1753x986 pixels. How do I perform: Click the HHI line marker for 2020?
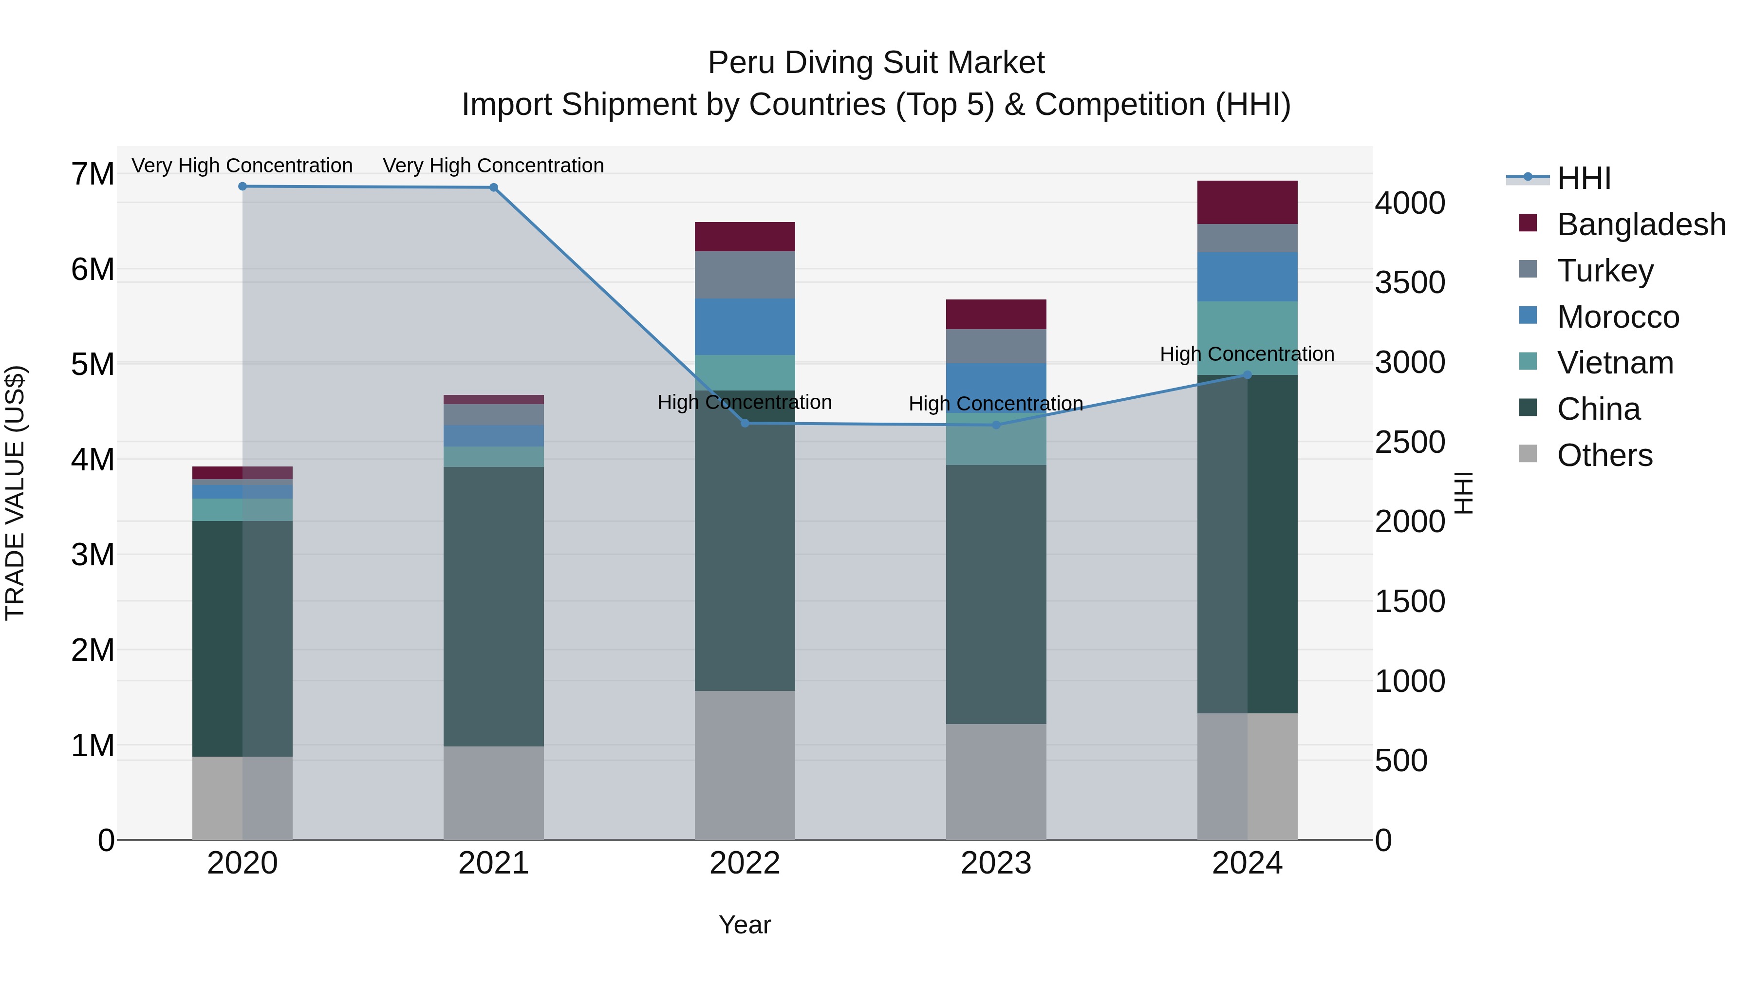[x=242, y=186]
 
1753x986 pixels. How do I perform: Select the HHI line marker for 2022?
[x=745, y=423]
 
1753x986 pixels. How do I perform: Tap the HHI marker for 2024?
[x=1248, y=375]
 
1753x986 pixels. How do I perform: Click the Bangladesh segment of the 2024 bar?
[x=1248, y=202]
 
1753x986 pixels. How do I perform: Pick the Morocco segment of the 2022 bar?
[x=745, y=327]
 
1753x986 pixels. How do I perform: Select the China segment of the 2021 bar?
[x=493, y=606]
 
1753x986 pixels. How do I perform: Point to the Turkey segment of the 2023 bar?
[x=996, y=346]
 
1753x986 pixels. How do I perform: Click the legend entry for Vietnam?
[x=1615, y=363]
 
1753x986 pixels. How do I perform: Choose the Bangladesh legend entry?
[x=1640, y=224]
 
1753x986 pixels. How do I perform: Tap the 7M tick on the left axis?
[x=93, y=174]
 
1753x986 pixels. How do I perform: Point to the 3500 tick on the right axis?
[x=1409, y=282]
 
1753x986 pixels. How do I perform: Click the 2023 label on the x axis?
[x=996, y=863]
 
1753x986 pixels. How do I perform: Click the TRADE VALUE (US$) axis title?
[x=15, y=493]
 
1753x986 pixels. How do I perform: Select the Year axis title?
[x=745, y=925]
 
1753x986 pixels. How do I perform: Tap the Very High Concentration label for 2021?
[x=493, y=166]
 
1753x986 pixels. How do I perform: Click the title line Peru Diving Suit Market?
[x=876, y=63]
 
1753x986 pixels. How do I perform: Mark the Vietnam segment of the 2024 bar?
[x=1248, y=338]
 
